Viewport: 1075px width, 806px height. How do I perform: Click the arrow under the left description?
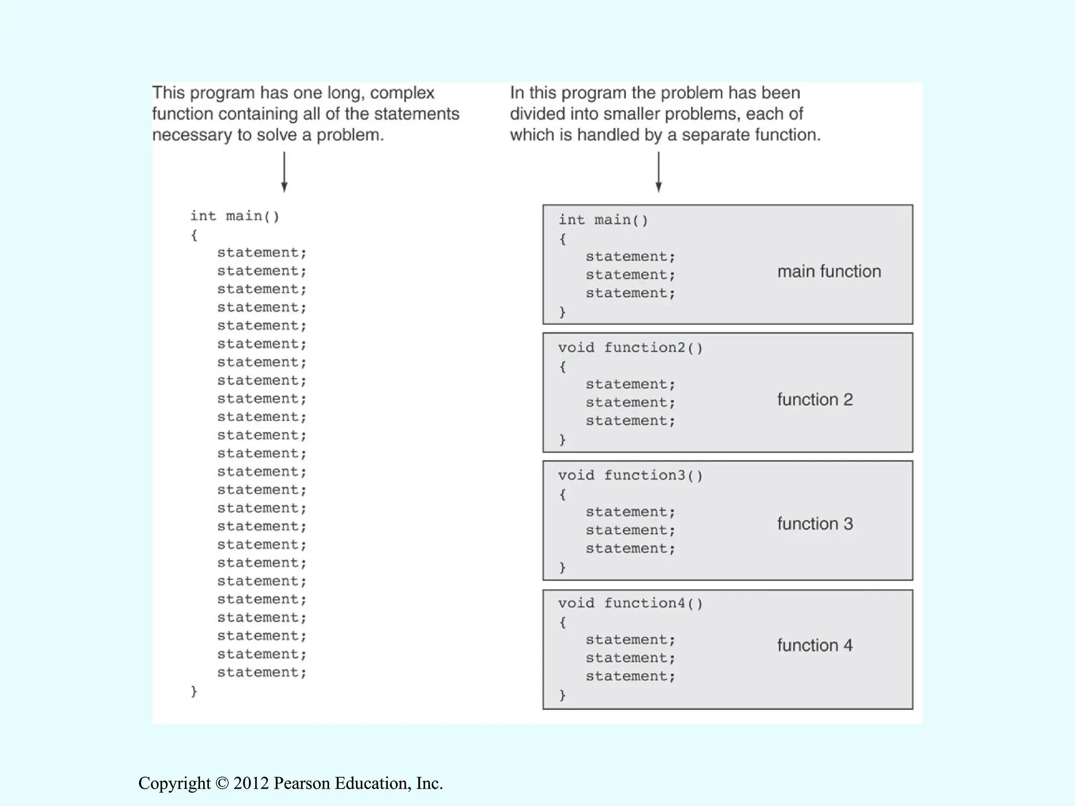(x=284, y=172)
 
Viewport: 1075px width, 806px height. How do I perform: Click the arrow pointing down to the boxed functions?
(x=658, y=172)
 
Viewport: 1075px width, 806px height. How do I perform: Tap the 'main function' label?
(x=829, y=271)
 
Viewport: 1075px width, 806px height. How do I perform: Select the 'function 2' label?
(x=815, y=399)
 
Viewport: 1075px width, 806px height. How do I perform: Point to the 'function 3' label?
(x=815, y=524)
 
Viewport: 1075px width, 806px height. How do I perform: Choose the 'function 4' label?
(x=815, y=645)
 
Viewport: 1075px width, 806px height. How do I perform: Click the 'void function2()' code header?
(x=630, y=347)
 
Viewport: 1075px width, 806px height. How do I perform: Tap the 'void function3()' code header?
(x=630, y=475)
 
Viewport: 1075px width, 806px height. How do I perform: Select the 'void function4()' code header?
(x=630, y=603)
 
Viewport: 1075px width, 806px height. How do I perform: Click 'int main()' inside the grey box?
(x=603, y=220)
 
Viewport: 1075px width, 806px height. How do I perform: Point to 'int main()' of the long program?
(x=235, y=216)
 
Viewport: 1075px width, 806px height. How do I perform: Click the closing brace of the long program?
(x=194, y=691)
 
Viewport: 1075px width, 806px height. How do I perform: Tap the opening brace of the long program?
(x=194, y=235)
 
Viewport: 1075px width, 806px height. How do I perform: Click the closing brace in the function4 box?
(x=563, y=695)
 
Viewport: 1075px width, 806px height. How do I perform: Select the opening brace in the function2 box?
(x=563, y=366)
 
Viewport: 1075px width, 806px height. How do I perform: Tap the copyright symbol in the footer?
(x=222, y=783)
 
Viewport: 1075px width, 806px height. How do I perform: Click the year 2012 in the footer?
(x=251, y=783)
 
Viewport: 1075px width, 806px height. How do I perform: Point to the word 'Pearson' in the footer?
(x=302, y=783)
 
